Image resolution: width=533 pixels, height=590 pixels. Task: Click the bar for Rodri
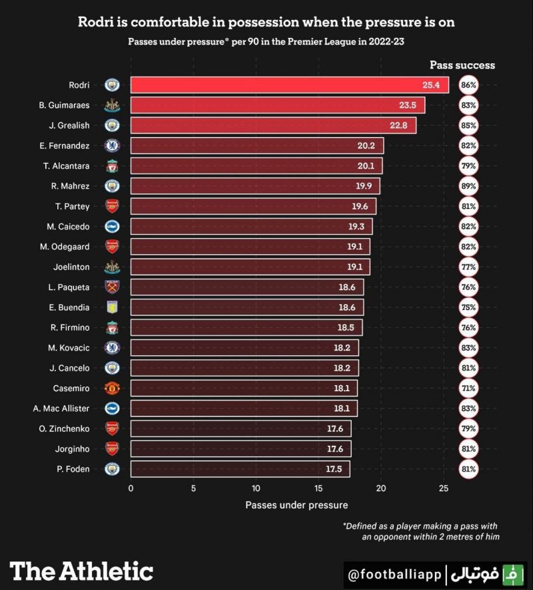coord(289,85)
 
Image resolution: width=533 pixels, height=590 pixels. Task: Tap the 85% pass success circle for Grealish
coord(468,125)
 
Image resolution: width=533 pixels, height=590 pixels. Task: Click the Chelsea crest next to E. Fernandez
coord(112,146)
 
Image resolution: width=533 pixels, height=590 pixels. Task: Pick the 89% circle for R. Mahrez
coord(468,186)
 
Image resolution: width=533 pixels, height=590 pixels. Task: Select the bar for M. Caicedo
coord(251,227)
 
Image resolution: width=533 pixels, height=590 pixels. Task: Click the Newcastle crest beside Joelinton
coord(112,267)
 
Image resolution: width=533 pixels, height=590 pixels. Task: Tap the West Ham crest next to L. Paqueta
coord(112,287)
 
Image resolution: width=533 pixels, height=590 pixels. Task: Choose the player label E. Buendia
coord(69,308)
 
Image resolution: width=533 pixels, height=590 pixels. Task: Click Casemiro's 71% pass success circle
coord(468,388)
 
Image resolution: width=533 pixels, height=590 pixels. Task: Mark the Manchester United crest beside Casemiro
coord(112,388)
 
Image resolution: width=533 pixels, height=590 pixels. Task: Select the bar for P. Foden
coord(240,470)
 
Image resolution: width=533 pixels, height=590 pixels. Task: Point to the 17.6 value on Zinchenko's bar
coord(334,429)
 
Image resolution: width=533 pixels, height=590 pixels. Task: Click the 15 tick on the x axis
coord(318,489)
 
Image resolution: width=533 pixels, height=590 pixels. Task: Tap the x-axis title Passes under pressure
coord(296,505)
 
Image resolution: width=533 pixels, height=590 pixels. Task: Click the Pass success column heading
coord(462,65)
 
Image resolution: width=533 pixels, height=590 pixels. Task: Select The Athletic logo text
coord(81,571)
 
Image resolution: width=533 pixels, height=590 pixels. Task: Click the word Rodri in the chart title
coord(96,22)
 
